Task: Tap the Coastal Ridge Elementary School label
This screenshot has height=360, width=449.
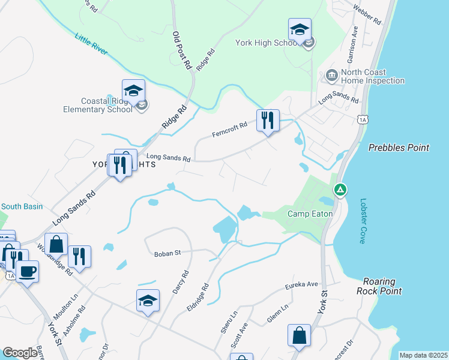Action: (98, 106)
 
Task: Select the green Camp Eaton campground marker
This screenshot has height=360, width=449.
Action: (340, 190)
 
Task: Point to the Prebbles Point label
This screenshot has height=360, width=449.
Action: (399, 148)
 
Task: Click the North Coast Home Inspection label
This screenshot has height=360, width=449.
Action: (373, 76)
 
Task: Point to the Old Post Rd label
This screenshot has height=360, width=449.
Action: (181, 50)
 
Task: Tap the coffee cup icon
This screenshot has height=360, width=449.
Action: (27, 271)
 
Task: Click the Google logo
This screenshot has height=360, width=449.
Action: (20, 353)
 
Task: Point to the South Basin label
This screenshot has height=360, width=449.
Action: (22, 206)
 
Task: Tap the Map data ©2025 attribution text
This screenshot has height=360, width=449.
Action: (423, 355)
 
